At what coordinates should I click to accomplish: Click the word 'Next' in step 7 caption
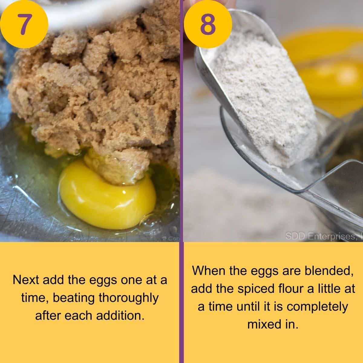(x=26, y=280)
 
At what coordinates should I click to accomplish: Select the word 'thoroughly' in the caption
(x=129, y=298)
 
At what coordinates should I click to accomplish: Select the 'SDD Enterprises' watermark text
(x=321, y=236)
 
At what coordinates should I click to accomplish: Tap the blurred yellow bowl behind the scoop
(x=327, y=70)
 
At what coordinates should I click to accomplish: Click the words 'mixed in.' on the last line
(x=273, y=324)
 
